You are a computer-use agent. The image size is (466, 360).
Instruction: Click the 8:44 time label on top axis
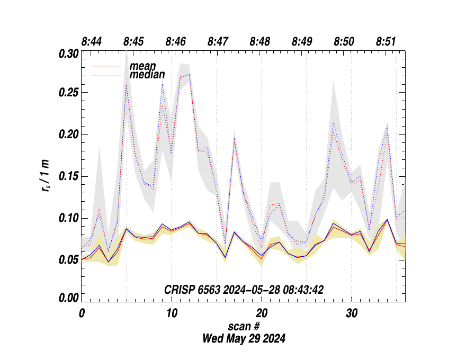point(92,41)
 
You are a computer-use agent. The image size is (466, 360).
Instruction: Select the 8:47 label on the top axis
point(218,41)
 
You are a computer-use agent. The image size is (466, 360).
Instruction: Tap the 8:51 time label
point(386,41)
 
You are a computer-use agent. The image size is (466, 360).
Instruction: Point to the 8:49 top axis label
point(302,41)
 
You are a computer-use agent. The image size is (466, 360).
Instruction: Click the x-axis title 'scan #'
point(244,326)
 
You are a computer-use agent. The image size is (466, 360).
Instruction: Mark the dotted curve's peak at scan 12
point(189,75)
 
